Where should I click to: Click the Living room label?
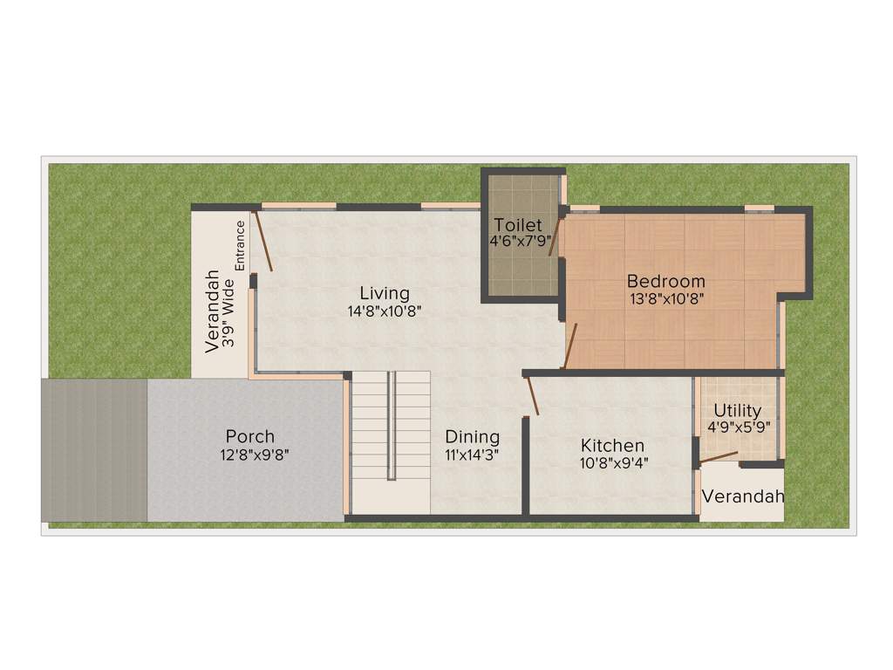(x=385, y=293)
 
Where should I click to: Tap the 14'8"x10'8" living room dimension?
(x=385, y=311)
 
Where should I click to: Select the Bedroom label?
(x=666, y=281)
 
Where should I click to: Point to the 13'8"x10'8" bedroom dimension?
(x=667, y=297)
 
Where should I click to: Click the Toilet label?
(x=518, y=225)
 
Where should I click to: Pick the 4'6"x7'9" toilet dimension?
(x=520, y=241)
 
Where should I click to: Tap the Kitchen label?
(x=613, y=446)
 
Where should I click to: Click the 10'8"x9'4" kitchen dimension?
(x=613, y=462)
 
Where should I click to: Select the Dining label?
(x=473, y=436)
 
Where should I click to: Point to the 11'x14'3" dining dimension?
(x=473, y=454)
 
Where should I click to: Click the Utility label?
(x=738, y=410)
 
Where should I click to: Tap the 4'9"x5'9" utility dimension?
(x=738, y=427)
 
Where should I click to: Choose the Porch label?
(x=250, y=436)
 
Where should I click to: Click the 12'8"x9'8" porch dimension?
(x=255, y=454)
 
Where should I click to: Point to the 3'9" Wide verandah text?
(x=228, y=314)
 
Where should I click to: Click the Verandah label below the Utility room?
(x=743, y=496)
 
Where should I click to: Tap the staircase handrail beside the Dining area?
(x=392, y=425)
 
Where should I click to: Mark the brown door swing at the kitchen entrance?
(x=532, y=395)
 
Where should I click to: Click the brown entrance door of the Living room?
(x=262, y=241)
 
